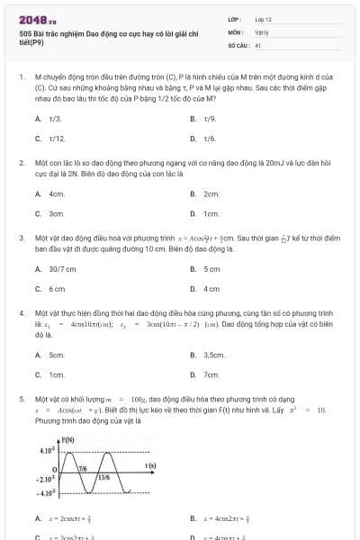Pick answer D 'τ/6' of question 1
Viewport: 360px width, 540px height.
click(x=210, y=139)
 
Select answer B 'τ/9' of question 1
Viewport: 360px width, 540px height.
click(x=210, y=119)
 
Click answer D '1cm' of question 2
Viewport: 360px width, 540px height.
click(x=211, y=214)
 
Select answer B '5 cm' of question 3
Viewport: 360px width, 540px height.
click(x=211, y=269)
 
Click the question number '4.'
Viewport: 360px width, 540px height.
click(x=21, y=313)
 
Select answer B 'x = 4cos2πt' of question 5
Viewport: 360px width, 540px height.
click(x=232, y=518)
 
